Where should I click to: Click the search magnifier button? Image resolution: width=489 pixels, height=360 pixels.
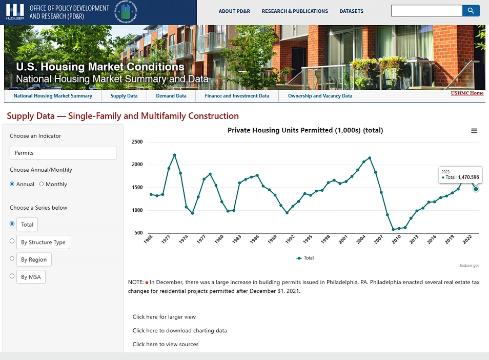click(x=471, y=11)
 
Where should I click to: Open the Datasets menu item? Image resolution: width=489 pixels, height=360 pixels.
click(x=351, y=11)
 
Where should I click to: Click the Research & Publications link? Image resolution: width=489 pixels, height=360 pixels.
click(x=295, y=11)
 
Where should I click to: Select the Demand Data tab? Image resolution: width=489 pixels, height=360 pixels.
click(x=171, y=96)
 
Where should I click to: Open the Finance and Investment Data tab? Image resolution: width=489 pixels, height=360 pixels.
click(x=237, y=96)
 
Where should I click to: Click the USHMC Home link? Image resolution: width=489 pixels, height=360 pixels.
click(x=467, y=93)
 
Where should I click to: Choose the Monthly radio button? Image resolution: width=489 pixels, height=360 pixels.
click(x=42, y=184)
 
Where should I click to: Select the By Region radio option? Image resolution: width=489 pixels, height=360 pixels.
click(x=12, y=259)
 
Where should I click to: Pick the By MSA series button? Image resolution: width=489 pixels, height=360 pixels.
click(x=31, y=277)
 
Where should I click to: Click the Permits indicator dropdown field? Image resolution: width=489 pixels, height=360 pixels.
click(x=63, y=153)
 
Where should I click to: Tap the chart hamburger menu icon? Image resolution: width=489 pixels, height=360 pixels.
click(x=474, y=131)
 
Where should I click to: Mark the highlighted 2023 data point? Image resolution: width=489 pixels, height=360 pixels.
click(x=476, y=189)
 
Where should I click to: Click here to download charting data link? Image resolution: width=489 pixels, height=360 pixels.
click(x=179, y=331)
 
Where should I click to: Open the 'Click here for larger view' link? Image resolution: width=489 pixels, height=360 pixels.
click(x=164, y=317)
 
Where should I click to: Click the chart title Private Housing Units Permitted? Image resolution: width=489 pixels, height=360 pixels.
click(x=305, y=130)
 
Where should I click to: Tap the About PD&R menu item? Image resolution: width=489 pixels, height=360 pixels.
click(x=234, y=11)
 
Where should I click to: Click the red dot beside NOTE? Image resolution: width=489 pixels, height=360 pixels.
click(x=147, y=283)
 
